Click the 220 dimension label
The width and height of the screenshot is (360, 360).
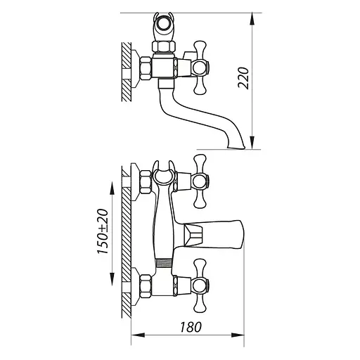pyautogui.click(x=243, y=78)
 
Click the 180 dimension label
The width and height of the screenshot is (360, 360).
pyautogui.click(x=191, y=327)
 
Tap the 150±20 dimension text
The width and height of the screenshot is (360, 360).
pyautogui.click(x=103, y=231)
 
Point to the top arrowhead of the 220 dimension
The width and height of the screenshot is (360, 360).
pyautogui.click(x=252, y=19)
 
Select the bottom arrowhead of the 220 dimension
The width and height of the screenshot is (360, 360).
pyautogui.click(x=252, y=143)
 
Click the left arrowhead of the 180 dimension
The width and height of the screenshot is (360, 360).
pyautogui.click(x=139, y=335)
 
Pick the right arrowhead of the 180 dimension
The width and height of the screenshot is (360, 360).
pyautogui.click(x=238, y=335)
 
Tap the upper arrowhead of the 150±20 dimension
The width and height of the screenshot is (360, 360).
pyautogui.click(x=112, y=188)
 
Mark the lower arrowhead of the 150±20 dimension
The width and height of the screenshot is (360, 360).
pyautogui.click(x=112, y=278)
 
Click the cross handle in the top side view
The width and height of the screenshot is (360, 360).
pyautogui.click(x=200, y=67)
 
